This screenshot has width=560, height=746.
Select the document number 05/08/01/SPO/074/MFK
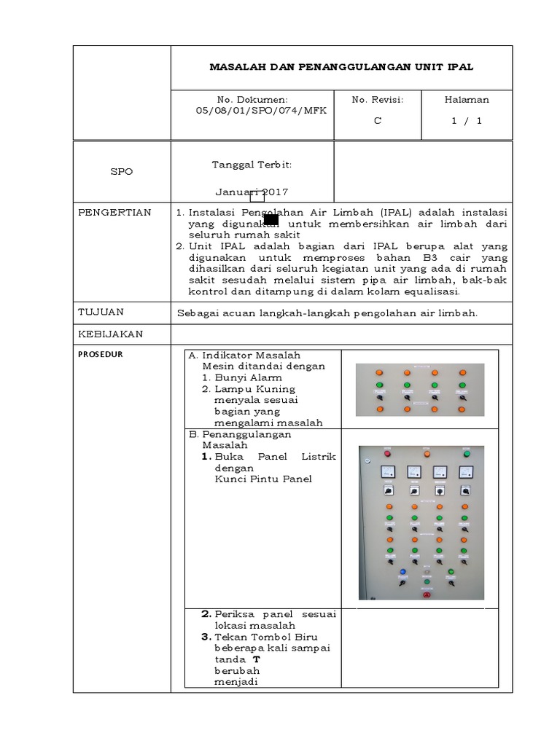[x=252, y=111]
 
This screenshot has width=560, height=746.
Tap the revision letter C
[x=377, y=121]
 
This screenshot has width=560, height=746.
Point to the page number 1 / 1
[x=467, y=121]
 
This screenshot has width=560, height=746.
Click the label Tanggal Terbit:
[x=252, y=165]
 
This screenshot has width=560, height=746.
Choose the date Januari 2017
[x=252, y=192]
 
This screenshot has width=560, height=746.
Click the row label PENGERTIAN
[x=114, y=213]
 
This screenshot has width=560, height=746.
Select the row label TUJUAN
[x=101, y=312]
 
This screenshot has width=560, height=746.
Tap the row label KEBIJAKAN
[x=110, y=334]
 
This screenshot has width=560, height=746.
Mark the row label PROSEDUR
[x=100, y=355]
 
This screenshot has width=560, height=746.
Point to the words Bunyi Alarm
[x=248, y=378]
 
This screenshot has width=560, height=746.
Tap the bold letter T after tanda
[x=256, y=659]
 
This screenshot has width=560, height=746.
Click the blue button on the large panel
[x=402, y=572]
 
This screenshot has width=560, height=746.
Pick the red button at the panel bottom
[x=427, y=595]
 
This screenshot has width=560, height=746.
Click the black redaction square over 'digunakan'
[x=271, y=220]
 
